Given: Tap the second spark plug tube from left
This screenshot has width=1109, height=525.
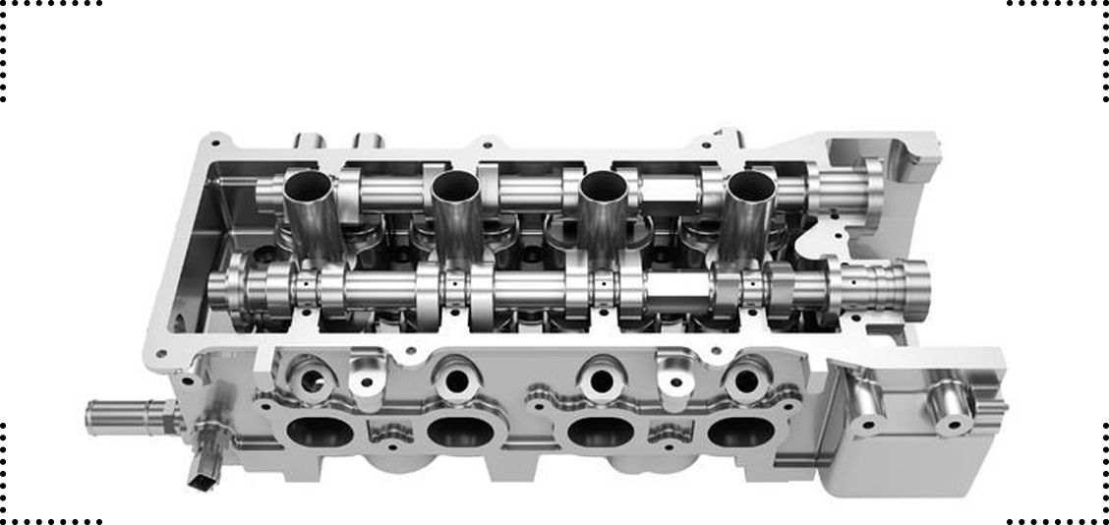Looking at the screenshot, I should point(455,184).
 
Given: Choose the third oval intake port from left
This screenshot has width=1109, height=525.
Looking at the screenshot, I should point(601,433).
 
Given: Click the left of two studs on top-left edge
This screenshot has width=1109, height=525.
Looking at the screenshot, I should point(310,141).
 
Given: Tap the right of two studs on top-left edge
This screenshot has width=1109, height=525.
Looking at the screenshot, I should point(369,141).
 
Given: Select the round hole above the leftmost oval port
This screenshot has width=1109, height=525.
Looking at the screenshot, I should point(313,380).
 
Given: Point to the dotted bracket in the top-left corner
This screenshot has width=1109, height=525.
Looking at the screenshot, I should point(39,39).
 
